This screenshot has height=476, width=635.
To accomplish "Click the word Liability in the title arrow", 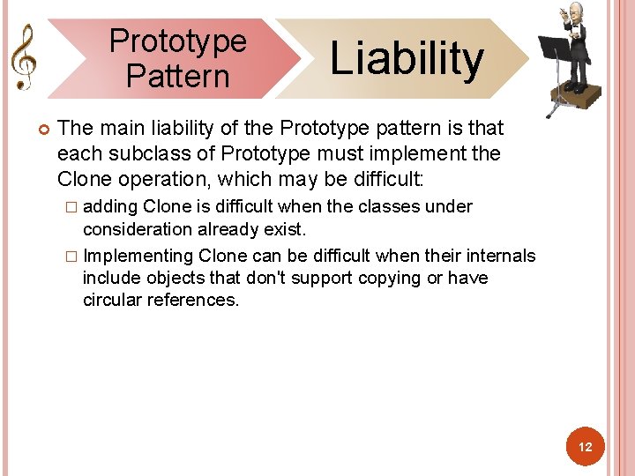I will pyautogui.click(x=407, y=58).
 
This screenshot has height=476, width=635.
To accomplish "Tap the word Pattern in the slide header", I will pyautogui.click(x=177, y=76).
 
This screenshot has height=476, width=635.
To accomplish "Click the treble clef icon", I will pyautogui.click(x=23, y=56).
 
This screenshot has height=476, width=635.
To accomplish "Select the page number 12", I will pyautogui.click(x=586, y=448).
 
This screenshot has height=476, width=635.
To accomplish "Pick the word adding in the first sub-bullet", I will pyautogui.click(x=109, y=206).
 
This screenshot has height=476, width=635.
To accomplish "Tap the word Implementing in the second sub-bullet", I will pyautogui.click(x=138, y=256).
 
